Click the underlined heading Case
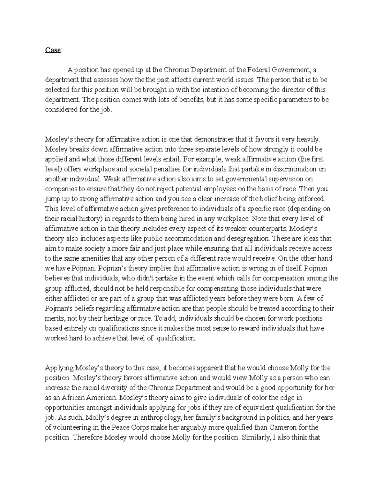(52, 50)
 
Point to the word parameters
(295, 100)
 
